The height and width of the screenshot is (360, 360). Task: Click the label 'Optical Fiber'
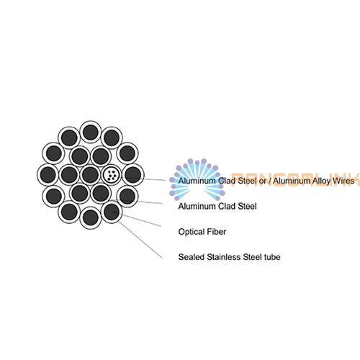[x=202, y=232]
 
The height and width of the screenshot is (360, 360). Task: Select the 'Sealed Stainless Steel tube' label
[x=229, y=257]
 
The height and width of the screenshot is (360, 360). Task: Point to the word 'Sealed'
[x=192, y=257]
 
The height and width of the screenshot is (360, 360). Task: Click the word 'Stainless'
[x=224, y=257]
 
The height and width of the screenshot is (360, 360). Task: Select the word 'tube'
[x=272, y=257]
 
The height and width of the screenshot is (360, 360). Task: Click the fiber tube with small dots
[x=112, y=175]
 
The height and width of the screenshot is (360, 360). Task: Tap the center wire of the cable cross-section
[x=90, y=175]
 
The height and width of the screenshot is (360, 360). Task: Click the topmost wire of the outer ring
[x=91, y=132]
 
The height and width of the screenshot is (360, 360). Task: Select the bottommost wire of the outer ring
[x=91, y=218]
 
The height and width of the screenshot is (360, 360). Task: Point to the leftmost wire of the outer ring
[x=48, y=175]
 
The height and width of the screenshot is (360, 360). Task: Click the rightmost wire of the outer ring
[x=133, y=175]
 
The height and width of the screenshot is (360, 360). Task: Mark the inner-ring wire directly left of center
[x=69, y=175]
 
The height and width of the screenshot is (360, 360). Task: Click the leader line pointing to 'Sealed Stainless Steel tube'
[x=140, y=240]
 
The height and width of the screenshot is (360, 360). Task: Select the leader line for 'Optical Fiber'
[x=142, y=220]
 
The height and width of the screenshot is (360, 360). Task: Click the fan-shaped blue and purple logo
[x=197, y=179]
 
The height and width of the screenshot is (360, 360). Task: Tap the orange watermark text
[x=296, y=179]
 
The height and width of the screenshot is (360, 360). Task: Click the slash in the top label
[x=269, y=181]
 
